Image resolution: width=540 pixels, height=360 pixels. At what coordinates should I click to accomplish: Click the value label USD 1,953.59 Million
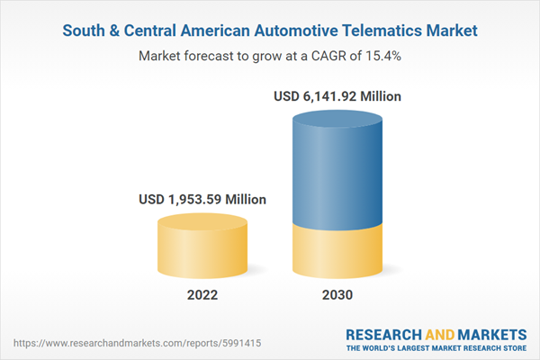click(x=202, y=199)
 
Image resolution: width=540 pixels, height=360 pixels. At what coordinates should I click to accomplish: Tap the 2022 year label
click(x=202, y=294)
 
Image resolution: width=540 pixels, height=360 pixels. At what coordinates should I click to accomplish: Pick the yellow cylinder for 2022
click(x=202, y=252)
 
